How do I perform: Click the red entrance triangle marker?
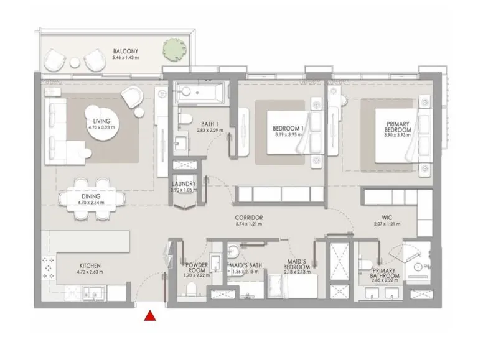pos(149,316)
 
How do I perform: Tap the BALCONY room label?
pos(125,51)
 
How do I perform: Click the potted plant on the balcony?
pos(172,48)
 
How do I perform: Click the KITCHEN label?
pos(90,265)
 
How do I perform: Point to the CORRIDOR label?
pos(248,218)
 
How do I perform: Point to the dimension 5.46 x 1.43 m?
pos(125,58)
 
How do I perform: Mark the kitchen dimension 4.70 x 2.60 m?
pos(90,272)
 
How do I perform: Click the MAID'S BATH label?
pos(245,265)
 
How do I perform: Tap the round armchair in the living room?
pos(133,96)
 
